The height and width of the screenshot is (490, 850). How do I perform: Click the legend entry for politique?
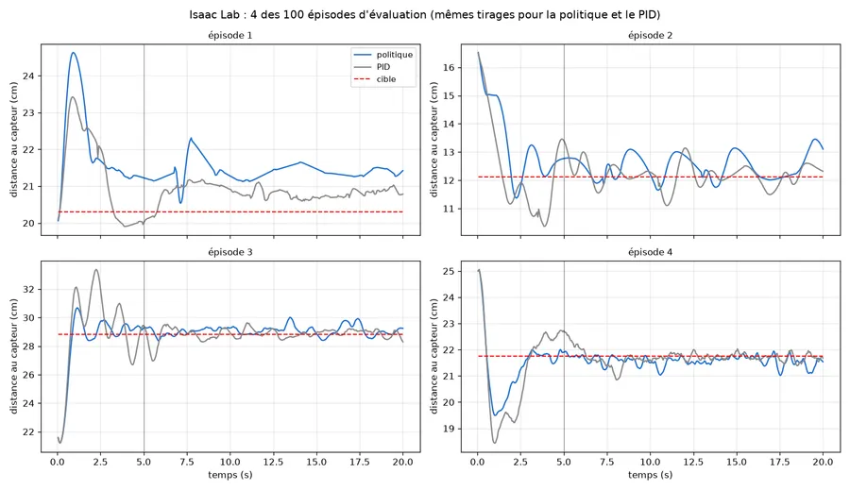click(382, 55)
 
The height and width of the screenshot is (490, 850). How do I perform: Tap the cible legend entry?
click(375, 79)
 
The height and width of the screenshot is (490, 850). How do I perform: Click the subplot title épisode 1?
click(230, 36)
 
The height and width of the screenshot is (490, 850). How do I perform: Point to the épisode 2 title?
click(650, 36)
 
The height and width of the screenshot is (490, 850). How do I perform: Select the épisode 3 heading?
click(230, 252)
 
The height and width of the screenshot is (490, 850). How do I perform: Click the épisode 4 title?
click(650, 252)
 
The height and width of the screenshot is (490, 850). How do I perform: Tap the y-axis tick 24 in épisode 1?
click(28, 76)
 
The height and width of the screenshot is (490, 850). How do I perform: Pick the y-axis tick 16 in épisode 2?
click(449, 68)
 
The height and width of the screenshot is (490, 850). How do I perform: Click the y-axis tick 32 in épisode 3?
click(28, 290)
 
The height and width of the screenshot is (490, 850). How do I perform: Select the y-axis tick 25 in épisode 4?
click(449, 272)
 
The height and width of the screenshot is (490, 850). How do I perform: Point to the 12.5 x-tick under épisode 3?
click(273, 463)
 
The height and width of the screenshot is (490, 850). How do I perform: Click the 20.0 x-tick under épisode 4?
click(823, 463)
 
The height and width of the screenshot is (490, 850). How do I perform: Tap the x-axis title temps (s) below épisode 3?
click(230, 475)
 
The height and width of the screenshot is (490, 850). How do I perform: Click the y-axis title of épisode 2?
click(433, 140)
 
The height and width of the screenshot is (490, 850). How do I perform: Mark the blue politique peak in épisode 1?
click(73, 53)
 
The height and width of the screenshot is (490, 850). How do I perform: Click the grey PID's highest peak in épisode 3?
click(96, 269)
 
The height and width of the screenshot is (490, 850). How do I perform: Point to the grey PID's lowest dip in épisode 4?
click(494, 443)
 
